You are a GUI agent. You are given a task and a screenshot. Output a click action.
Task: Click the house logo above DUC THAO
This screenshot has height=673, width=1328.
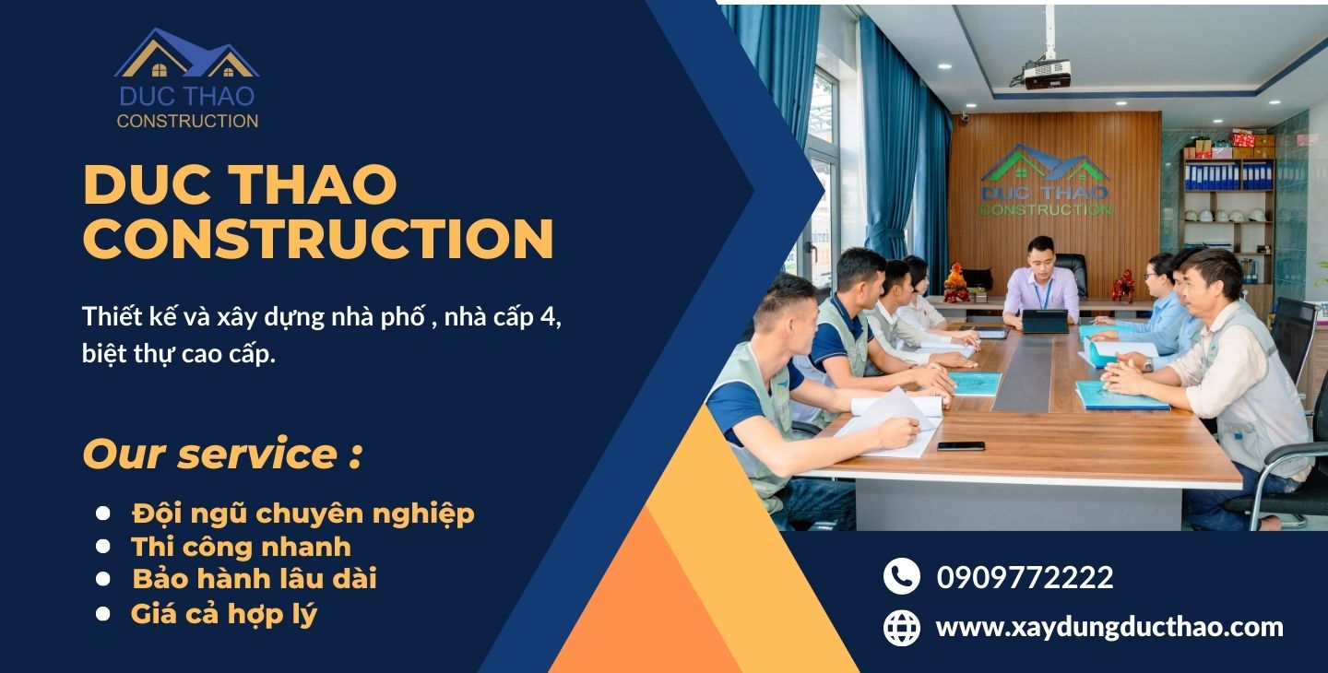(186, 53)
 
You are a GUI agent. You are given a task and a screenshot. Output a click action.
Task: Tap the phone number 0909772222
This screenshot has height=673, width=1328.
(1026, 578)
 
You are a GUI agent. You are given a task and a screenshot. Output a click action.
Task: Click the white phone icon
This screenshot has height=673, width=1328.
(902, 576)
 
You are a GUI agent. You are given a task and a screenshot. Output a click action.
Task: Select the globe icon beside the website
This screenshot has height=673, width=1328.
(902, 628)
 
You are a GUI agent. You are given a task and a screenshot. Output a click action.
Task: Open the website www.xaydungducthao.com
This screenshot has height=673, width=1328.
(1109, 627)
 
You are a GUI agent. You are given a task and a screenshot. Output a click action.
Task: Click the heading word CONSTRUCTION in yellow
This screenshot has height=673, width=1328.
(318, 238)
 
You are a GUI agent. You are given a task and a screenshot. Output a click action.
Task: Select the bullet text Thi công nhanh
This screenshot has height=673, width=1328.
(241, 547)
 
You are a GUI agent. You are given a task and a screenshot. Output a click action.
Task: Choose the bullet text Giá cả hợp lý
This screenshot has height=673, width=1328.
(224, 614)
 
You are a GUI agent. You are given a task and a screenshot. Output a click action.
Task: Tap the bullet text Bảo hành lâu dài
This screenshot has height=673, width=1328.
(255, 579)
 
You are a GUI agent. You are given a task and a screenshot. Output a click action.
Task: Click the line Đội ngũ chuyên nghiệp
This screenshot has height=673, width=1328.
(302, 514)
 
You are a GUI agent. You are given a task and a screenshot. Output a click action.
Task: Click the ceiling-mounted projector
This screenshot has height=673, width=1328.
(1048, 74)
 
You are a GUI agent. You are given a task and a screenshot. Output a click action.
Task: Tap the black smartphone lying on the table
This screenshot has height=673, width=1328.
(961, 446)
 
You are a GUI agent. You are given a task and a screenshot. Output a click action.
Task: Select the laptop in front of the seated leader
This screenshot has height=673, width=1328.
(1045, 321)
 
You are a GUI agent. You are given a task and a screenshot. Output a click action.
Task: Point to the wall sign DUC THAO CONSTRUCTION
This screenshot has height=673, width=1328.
(1046, 180)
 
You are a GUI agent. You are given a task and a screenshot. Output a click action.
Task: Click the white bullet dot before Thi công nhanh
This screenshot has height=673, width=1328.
(103, 546)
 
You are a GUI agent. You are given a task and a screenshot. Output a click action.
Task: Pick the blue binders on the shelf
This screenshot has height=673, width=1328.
(1228, 175)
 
